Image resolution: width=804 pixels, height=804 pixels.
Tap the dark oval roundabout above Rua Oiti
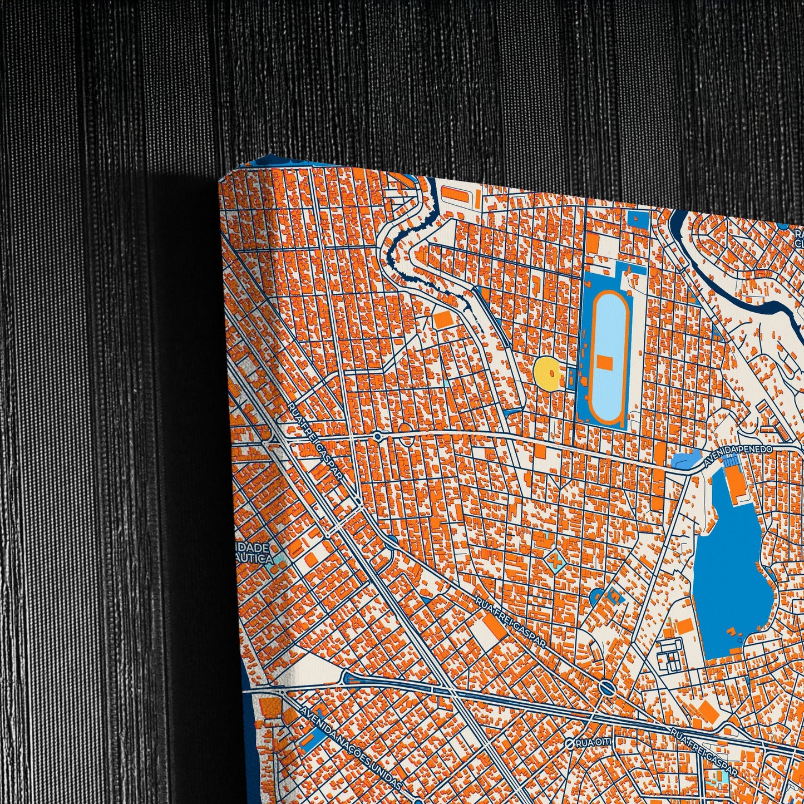(607, 689)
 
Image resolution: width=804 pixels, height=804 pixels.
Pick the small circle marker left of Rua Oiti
(569, 744)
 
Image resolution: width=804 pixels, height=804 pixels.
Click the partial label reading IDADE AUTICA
(255, 554)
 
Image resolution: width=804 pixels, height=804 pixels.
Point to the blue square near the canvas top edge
(637, 219)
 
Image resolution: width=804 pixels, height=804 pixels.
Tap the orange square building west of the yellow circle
(443, 319)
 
